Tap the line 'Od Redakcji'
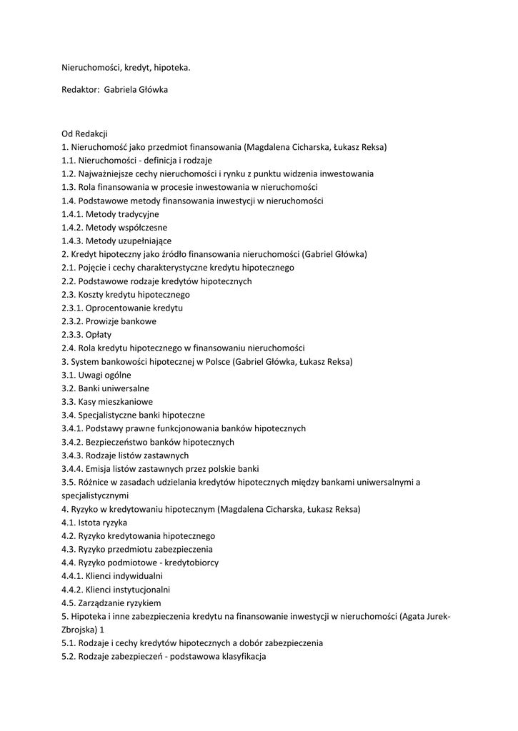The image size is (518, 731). click(84, 133)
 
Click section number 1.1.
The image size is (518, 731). click(69, 161)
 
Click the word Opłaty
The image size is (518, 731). click(99, 335)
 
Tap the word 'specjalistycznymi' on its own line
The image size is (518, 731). click(95, 495)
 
